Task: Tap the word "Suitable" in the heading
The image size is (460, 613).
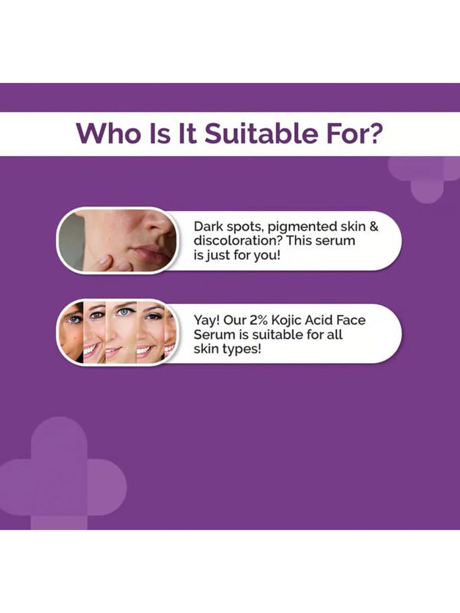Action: click(x=261, y=133)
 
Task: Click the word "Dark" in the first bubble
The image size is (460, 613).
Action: click(x=208, y=226)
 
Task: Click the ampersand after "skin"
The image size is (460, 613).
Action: click(x=374, y=226)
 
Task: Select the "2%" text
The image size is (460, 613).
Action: click(x=256, y=320)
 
